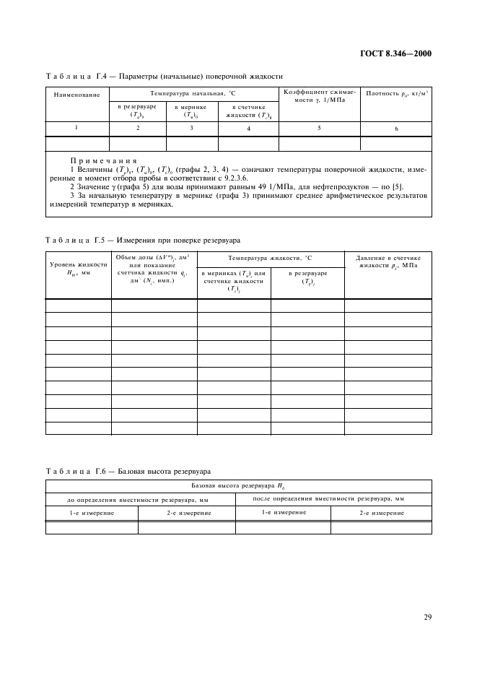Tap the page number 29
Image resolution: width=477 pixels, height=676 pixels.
[x=425, y=617]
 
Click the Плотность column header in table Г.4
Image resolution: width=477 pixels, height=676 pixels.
[x=395, y=93]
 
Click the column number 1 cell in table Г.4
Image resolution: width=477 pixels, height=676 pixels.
[x=76, y=127]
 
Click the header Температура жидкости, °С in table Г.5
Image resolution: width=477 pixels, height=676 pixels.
[x=271, y=258]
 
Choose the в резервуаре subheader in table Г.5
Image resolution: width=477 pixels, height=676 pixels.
[x=307, y=277]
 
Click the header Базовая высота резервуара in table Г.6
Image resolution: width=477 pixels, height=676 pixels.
[x=238, y=487]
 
